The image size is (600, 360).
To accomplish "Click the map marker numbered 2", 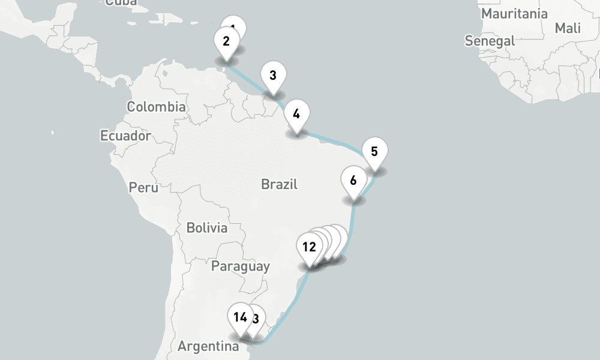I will click(x=226, y=42).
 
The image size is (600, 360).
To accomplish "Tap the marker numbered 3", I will click(x=273, y=76).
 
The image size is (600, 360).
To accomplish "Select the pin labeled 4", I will click(x=296, y=113).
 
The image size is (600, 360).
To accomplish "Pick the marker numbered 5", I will click(x=374, y=152).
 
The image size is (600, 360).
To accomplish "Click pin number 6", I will click(x=353, y=181).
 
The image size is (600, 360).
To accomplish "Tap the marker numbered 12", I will click(x=309, y=247).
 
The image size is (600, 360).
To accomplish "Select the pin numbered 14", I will click(x=240, y=318).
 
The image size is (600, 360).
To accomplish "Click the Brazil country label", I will click(x=280, y=184).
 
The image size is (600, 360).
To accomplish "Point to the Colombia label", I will click(x=156, y=107).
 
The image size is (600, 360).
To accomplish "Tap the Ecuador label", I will click(x=125, y=136).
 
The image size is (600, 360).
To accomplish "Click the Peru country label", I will click(x=143, y=188).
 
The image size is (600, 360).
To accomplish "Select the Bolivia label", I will click(x=207, y=228).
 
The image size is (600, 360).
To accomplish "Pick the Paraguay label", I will click(x=240, y=266).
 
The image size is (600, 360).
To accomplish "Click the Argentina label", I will click(x=205, y=347).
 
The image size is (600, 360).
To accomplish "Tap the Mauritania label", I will click(x=515, y=13).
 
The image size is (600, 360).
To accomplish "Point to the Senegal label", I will click(x=490, y=41).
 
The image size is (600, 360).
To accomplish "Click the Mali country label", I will click(x=568, y=28).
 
